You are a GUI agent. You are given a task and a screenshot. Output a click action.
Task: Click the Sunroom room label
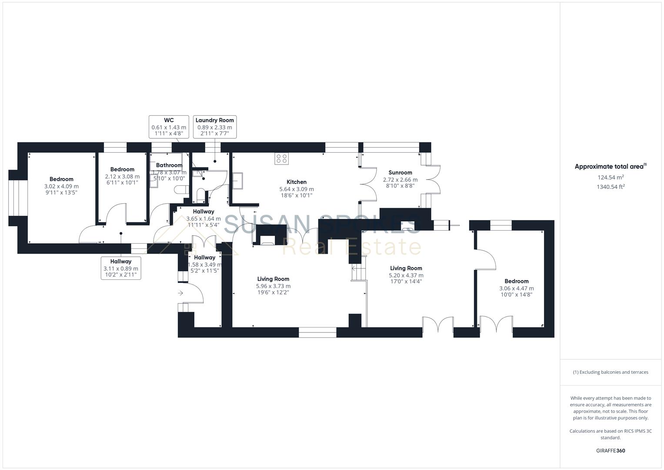point(400,172)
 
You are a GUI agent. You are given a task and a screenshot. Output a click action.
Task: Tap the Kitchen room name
point(296,182)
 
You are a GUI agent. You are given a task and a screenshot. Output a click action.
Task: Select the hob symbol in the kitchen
point(281,159)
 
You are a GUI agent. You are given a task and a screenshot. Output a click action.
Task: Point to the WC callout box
point(169,127)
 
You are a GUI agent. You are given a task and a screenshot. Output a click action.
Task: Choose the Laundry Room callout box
point(214,127)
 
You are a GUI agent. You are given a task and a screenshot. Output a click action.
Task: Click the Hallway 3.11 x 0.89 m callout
point(120,268)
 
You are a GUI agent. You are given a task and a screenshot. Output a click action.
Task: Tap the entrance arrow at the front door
point(180,293)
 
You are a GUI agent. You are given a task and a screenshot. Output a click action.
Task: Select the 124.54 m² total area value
point(611,177)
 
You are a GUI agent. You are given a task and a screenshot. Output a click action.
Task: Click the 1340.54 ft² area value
point(611,187)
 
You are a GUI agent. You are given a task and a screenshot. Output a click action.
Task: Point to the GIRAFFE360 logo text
point(610,450)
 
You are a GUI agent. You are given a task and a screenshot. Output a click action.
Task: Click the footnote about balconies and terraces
point(610,372)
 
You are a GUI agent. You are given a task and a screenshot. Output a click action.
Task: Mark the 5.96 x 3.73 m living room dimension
point(273,286)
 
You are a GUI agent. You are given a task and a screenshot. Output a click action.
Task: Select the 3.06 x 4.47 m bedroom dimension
point(516,288)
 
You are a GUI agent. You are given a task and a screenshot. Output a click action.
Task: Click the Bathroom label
point(169,165)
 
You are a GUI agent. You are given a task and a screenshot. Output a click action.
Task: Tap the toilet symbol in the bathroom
point(181,190)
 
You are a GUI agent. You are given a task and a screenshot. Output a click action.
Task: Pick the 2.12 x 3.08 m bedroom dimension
point(122,177)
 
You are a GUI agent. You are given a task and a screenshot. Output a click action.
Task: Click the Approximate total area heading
point(610,166)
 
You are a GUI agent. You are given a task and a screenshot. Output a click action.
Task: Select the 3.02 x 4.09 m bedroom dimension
point(61,186)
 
